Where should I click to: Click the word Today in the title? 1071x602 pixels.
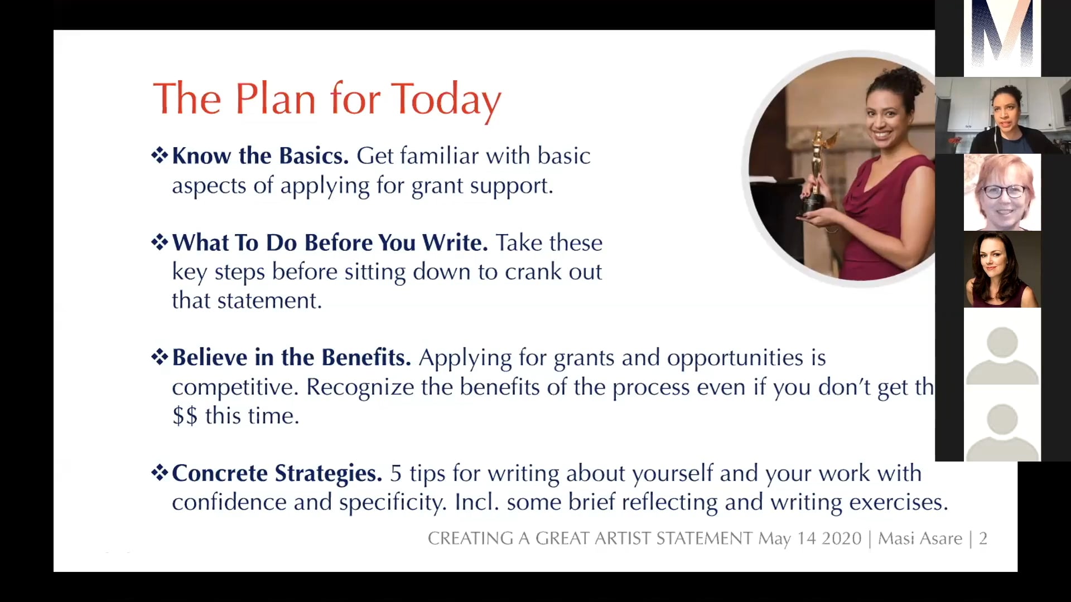click(446, 99)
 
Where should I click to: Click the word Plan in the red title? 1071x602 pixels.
click(276, 99)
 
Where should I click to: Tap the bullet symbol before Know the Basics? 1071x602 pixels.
click(160, 155)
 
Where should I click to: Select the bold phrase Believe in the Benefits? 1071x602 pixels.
click(291, 357)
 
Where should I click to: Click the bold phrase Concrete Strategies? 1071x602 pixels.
click(277, 473)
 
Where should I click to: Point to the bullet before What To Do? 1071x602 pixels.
click(160, 242)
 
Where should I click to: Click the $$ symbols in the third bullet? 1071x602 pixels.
click(185, 416)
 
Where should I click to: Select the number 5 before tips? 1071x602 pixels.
click(395, 473)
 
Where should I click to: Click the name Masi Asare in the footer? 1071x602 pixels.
click(920, 538)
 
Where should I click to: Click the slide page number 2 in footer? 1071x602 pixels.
click(983, 538)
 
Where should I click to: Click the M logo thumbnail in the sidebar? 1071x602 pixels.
click(1002, 36)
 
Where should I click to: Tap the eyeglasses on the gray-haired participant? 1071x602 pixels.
click(1004, 192)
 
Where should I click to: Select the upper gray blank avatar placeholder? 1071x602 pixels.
click(1002, 354)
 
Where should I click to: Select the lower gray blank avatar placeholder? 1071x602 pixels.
click(1002, 431)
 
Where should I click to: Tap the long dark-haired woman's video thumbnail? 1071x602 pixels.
click(1002, 270)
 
